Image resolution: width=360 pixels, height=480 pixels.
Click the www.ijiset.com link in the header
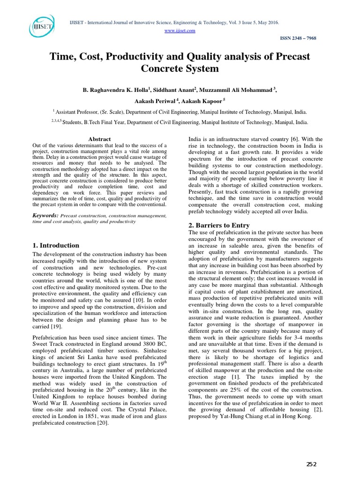[x=180, y=30]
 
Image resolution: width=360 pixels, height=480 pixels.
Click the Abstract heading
[x=99, y=139]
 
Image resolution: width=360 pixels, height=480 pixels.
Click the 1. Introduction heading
[x=56, y=245]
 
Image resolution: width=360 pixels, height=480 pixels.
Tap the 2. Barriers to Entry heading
[x=220, y=225]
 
